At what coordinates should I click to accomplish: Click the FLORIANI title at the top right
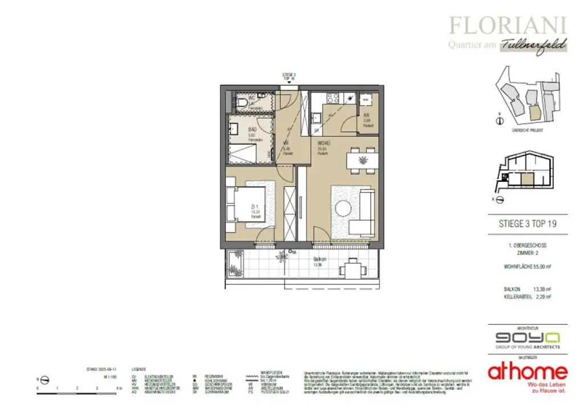(508, 25)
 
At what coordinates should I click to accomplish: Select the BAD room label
(252, 129)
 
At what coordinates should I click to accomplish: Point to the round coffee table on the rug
(344, 207)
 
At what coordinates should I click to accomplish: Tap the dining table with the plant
(362, 160)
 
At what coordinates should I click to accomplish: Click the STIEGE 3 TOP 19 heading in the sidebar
(524, 223)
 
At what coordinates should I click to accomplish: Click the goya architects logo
(523, 337)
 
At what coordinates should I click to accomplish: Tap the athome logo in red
(527, 372)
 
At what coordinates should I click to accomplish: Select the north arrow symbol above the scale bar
(44, 380)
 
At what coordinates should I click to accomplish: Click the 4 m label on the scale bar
(117, 387)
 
